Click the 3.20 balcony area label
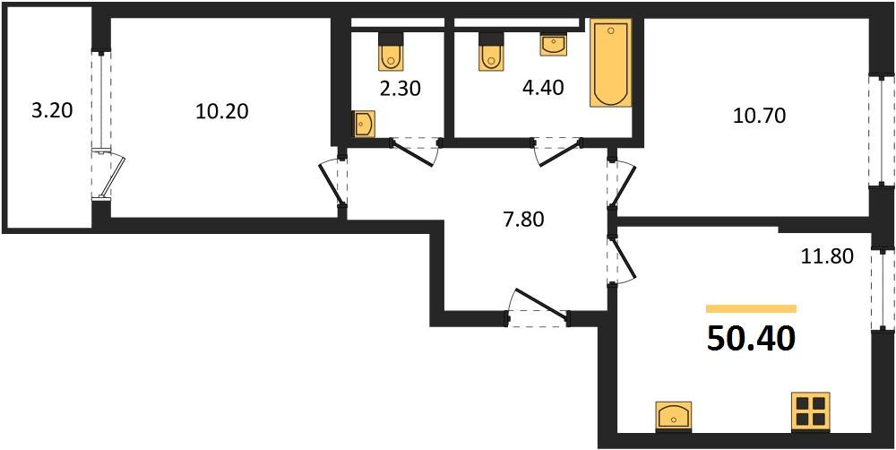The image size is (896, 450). (50, 112)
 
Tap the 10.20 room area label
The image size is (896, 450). (221, 112)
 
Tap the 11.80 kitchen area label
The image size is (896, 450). (827, 256)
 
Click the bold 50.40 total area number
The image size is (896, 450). (751, 339)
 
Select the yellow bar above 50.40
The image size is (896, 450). (751, 308)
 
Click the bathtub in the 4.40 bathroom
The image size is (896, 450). (610, 63)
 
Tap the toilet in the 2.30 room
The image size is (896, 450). (392, 52)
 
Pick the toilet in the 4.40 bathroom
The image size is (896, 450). (489, 51)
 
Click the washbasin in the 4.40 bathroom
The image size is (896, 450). (553, 43)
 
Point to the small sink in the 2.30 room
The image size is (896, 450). (363, 125)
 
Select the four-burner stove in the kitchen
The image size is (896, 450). (809, 412)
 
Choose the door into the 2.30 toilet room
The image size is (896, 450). (415, 151)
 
